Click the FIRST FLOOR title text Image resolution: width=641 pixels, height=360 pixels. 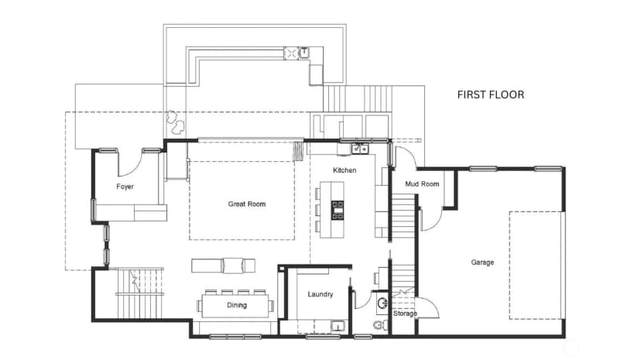pyautogui.click(x=491, y=94)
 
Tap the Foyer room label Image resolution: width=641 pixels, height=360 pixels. pyautogui.click(x=125, y=187)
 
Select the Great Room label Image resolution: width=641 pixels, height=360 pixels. pyautogui.click(x=246, y=204)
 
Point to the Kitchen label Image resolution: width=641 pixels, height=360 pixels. pyautogui.click(x=344, y=170)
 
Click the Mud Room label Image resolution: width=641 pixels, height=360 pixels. pyautogui.click(x=422, y=184)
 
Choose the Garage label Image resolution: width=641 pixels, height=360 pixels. pyautogui.click(x=482, y=262)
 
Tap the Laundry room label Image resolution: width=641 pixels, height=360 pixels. pyautogui.click(x=320, y=294)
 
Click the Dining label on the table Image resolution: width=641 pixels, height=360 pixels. pyautogui.click(x=237, y=305)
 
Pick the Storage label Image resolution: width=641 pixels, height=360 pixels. pyautogui.click(x=405, y=314)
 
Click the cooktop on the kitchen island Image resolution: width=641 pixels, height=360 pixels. pyautogui.click(x=338, y=210)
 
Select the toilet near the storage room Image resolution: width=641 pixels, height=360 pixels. pyautogui.click(x=381, y=325)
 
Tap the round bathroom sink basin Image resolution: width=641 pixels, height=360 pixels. pyautogui.click(x=382, y=303)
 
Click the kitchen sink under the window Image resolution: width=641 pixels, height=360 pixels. pyautogui.click(x=360, y=149)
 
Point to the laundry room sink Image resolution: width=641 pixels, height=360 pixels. pyautogui.click(x=338, y=326)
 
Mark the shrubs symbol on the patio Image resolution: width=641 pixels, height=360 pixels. pyautogui.click(x=176, y=122)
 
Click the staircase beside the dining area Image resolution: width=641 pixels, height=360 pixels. pyautogui.click(x=140, y=293)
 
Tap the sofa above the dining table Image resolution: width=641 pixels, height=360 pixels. pyautogui.click(x=223, y=266)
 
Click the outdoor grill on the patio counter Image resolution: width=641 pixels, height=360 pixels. pyautogui.click(x=290, y=53)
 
